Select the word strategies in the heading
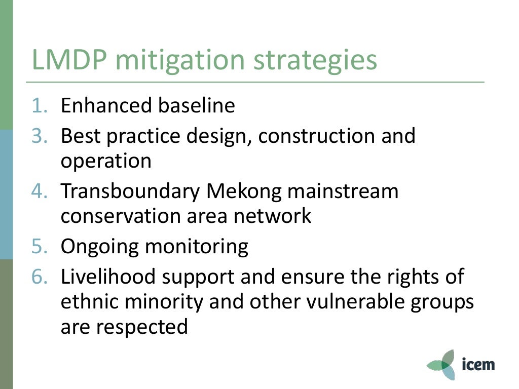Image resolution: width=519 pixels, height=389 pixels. coord(315,60)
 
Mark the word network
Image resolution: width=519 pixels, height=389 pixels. coord(272,216)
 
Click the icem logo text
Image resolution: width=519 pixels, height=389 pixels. coord(478,364)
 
